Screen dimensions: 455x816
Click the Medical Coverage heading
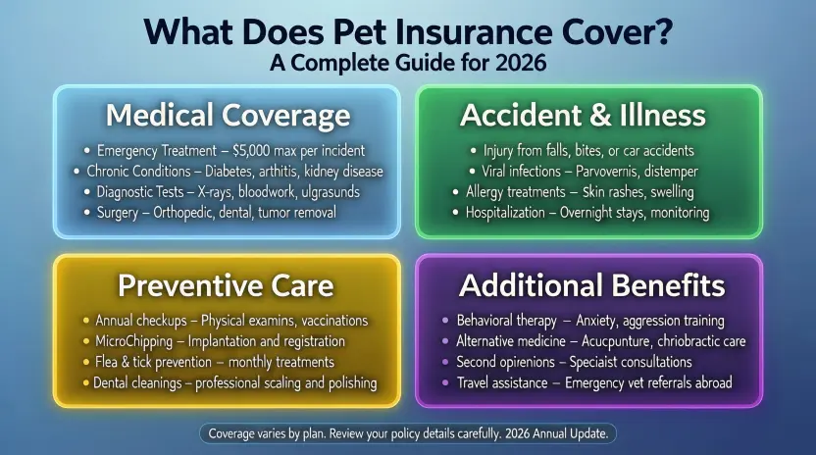(x=227, y=115)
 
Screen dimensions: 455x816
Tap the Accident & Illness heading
(x=583, y=115)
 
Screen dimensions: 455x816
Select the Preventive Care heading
(x=227, y=285)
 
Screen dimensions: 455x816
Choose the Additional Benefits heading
(x=592, y=285)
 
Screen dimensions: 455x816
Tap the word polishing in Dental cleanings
(x=345, y=382)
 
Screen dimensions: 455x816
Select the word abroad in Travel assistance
(x=708, y=382)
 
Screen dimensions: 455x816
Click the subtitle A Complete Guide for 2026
(x=408, y=62)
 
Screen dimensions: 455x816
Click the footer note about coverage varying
(x=408, y=432)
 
